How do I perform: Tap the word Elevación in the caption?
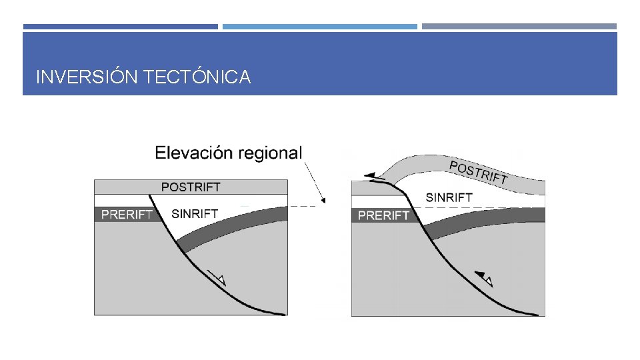pos(195,153)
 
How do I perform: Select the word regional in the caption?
pos(271,153)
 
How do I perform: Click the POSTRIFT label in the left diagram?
pos(191,187)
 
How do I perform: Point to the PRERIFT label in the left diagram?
pos(127,215)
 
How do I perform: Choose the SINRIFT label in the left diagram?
pos(195,215)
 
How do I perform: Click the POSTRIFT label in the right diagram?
pos(479,173)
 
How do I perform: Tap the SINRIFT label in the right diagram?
pos(449,197)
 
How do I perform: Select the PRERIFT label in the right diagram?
pos(383,215)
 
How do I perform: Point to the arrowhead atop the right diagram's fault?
pos(369,175)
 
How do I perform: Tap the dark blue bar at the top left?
pos(120,27)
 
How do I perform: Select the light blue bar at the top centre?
pos(319,27)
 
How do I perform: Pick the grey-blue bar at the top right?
pos(519,27)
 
